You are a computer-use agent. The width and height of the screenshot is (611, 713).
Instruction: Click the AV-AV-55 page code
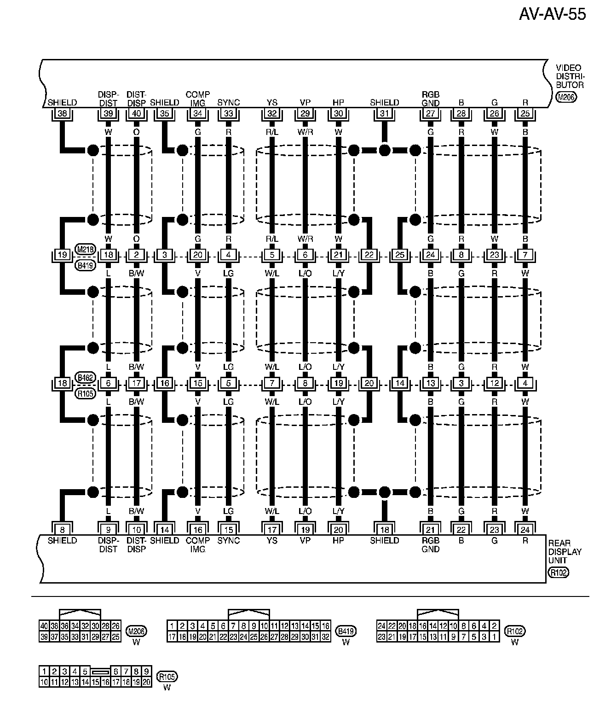pos(552,14)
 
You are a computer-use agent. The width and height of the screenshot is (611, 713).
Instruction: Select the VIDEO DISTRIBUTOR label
pos(570,76)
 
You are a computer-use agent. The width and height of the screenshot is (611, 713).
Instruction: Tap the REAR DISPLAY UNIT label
pos(565,551)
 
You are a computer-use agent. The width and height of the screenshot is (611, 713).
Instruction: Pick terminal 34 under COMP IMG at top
pos(198,113)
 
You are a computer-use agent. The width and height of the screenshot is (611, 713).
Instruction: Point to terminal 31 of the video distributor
pos(384,113)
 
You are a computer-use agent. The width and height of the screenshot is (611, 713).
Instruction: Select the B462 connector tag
pos(86,378)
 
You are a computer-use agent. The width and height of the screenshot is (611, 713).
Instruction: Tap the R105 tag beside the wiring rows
pos(86,393)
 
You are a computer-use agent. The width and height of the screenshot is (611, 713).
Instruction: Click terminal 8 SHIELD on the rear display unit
pos(62,529)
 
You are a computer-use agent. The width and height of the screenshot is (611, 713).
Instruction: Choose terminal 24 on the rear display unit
pos(525,529)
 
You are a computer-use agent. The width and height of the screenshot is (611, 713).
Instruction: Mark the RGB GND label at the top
pos(430,99)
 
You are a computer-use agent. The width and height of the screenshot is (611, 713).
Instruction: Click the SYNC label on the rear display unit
pos(229,540)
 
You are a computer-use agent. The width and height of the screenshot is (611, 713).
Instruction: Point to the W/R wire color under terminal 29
pos(305,132)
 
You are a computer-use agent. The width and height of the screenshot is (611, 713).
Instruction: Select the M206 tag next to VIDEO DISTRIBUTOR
pos(565,97)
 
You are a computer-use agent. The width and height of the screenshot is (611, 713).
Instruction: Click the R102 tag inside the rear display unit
pos(559,573)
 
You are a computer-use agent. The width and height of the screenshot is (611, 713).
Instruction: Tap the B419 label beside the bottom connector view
pos(346,631)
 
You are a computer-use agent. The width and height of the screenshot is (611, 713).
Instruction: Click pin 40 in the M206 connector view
pos(44,626)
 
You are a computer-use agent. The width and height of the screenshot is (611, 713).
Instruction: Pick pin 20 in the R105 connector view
pos(147,682)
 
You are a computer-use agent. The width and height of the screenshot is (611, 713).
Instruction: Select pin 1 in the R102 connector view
pos(494,637)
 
